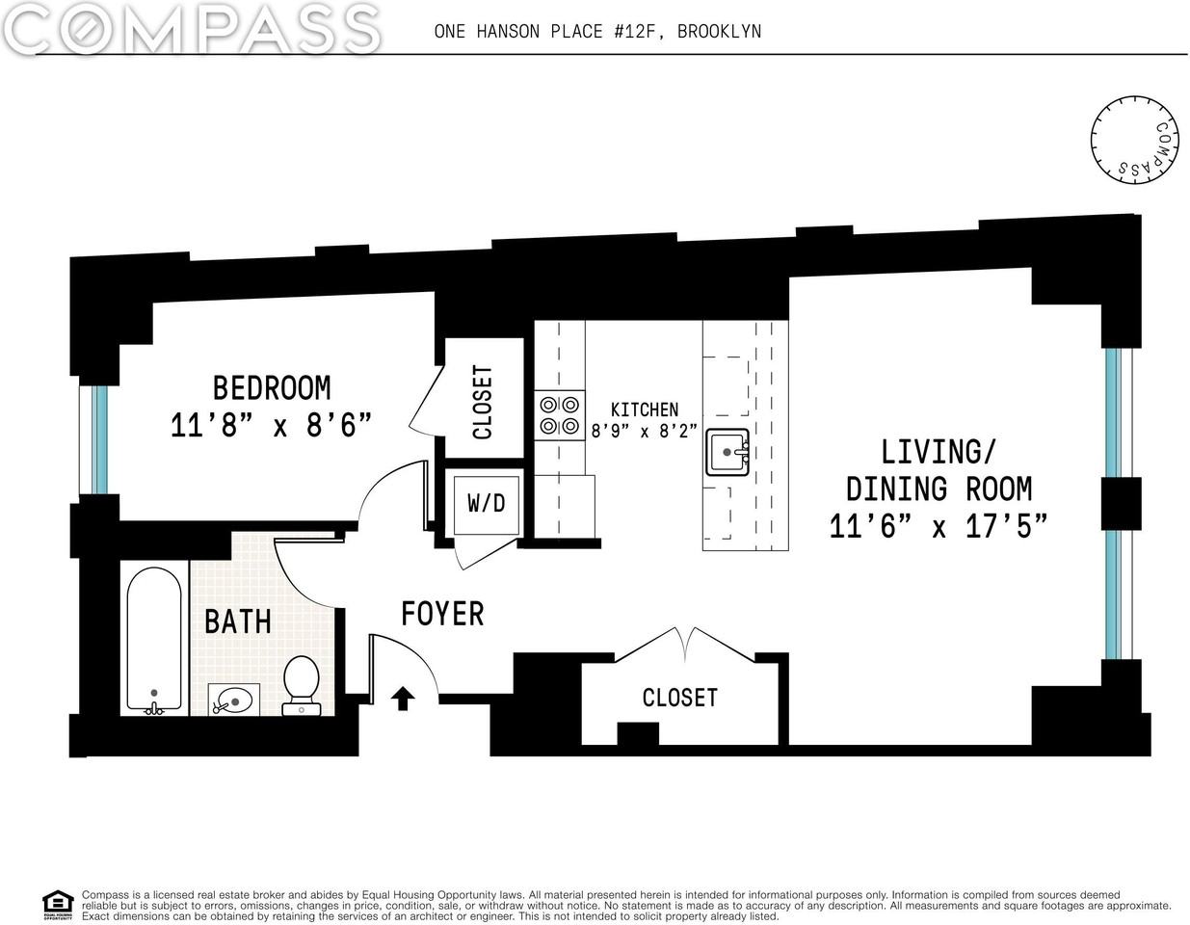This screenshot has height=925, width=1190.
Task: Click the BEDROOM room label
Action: (x=271, y=387)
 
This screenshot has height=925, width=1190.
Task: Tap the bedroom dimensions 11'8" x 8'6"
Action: (x=271, y=425)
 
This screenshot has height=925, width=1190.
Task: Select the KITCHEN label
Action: (x=644, y=410)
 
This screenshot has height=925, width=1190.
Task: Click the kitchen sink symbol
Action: (x=727, y=451)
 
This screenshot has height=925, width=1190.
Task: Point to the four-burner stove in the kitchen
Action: (x=560, y=415)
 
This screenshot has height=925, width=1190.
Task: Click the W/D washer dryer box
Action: (x=487, y=503)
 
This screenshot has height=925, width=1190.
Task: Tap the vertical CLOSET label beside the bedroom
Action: (x=482, y=402)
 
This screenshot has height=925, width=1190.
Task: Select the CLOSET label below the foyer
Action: (x=679, y=697)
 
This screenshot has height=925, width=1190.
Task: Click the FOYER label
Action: (x=442, y=613)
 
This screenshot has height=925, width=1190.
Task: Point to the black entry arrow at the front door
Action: (x=403, y=699)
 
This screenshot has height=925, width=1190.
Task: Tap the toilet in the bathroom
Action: (x=303, y=683)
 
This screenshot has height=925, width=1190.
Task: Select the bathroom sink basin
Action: (x=234, y=699)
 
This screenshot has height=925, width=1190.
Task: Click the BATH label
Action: (x=237, y=621)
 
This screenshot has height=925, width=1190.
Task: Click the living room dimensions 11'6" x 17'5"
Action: (x=938, y=526)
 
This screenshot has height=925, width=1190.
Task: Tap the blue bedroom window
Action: (x=99, y=439)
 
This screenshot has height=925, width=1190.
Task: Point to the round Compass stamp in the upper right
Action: (x=1135, y=139)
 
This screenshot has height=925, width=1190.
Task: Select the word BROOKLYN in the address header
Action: (x=719, y=31)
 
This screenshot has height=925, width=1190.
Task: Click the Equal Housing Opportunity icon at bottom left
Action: (x=58, y=905)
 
